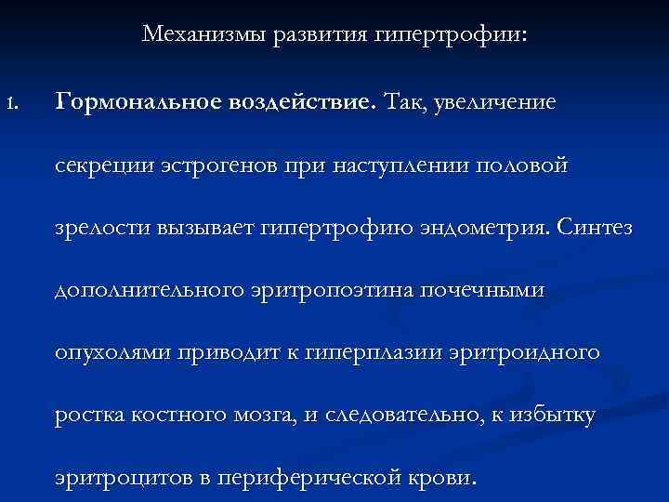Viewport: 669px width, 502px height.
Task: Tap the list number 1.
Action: tap(11, 101)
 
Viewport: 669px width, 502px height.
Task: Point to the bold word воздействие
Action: tap(296, 101)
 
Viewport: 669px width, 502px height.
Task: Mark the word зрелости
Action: tap(101, 228)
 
